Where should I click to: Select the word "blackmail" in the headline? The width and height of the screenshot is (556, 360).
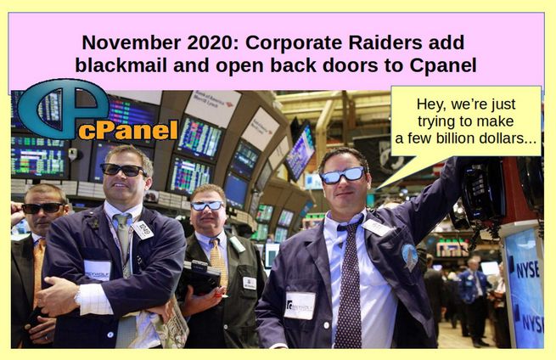point(121,65)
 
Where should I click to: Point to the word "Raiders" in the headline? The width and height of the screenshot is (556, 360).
point(385,42)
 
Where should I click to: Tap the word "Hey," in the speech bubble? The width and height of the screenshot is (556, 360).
point(430,104)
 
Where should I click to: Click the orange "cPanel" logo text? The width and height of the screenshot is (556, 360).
point(127,131)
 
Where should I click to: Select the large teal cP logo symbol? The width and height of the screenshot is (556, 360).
point(62,108)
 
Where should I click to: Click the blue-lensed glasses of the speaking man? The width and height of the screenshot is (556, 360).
point(343,176)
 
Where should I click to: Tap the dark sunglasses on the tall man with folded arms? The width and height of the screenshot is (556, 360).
point(123,170)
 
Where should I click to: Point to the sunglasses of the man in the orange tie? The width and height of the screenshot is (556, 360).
point(42,208)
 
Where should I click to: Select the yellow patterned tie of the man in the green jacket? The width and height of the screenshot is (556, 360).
point(218,262)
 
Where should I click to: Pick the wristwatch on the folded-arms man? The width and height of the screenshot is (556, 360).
point(77,296)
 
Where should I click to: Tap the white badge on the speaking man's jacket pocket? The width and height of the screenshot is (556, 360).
point(300,306)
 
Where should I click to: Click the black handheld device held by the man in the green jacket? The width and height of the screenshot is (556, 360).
point(199,278)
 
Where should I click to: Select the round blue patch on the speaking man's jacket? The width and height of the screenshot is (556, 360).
point(409,256)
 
